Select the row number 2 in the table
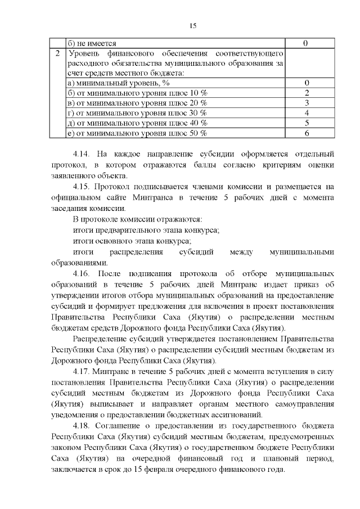click(x=57, y=53)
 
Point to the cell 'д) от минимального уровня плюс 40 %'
click(x=137, y=123)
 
